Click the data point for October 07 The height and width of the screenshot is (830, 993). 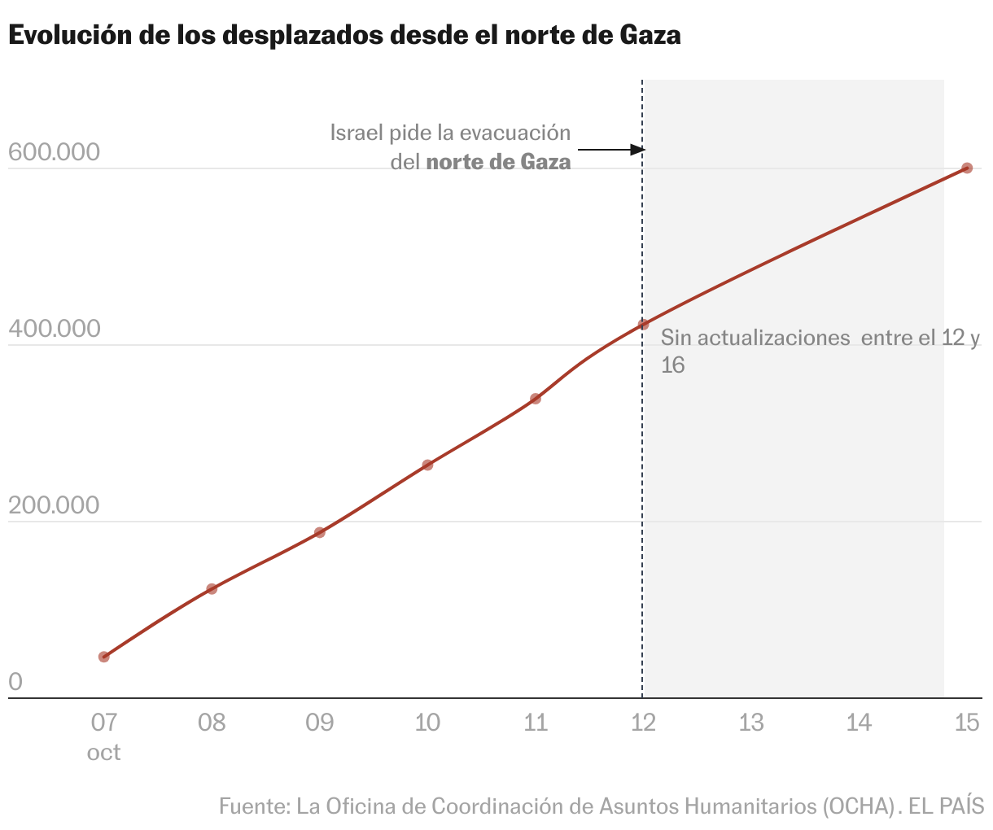pyautogui.click(x=103, y=657)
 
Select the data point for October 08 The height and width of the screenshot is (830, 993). pyautogui.click(x=212, y=588)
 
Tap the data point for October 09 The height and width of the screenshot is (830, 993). pyautogui.click(x=320, y=532)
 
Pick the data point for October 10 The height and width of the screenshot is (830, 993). pyautogui.click(x=427, y=465)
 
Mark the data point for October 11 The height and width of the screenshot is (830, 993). pyautogui.click(x=536, y=399)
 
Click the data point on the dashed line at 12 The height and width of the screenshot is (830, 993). pyautogui.click(x=643, y=324)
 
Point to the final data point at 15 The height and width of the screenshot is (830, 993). pyautogui.click(x=967, y=168)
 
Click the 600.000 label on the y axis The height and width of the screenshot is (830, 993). pyautogui.click(x=54, y=152)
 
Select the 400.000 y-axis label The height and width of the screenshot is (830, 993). pyautogui.click(x=54, y=329)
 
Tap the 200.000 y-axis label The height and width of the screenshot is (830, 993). pyautogui.click(x=54, y=505)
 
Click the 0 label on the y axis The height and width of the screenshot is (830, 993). pyautogui.click(x=15, y=682)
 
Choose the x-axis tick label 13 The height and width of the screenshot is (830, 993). pyautogui.click(x=751, y=722)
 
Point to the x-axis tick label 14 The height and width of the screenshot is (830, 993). pyautogui.click(x=859, y=722)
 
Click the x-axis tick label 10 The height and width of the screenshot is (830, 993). pyautogui.click(x=427, y=722)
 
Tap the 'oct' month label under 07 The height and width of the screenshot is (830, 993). pyautogui.click(x=103, y=752)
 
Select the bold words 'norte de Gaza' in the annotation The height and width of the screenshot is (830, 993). pyautogui.click(x=498, y=162)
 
